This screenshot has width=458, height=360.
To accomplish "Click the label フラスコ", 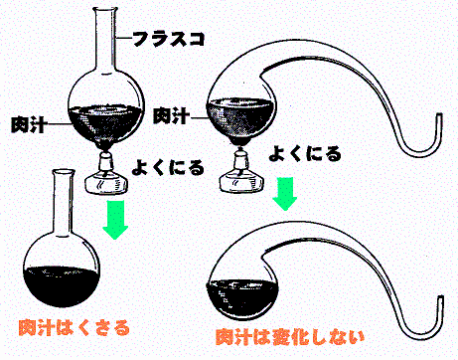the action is click(169, 39).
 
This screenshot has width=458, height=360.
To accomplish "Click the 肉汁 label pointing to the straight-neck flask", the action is click(28, 124).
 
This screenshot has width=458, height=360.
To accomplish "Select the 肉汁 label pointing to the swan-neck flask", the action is click(171, 115).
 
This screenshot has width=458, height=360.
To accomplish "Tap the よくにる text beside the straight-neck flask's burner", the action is click(168, 167).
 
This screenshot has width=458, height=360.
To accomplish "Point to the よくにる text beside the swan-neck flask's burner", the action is click(305, 153).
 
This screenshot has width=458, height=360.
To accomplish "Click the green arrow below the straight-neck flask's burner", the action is click(115, 220).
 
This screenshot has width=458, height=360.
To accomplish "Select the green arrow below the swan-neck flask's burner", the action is click(285, 194).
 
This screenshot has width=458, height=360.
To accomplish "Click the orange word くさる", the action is click(103, 327).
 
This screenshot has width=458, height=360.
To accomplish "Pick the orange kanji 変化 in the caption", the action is click(289, 337).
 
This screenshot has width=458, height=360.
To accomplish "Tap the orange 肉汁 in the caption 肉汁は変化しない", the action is click(233, 337).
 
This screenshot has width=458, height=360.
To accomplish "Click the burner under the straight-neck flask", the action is click(106, 172).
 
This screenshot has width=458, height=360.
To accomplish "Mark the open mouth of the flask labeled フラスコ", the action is click(106, 9).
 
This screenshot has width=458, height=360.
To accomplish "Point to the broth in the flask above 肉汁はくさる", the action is click(62, 285).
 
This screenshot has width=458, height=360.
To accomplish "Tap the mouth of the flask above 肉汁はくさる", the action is click(64, 172).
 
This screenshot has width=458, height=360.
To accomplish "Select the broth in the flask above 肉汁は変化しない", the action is click(241, 298).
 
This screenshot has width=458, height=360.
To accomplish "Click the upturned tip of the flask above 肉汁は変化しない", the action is click(440, 297).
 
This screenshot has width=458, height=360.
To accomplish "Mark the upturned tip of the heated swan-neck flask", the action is click(439, 115).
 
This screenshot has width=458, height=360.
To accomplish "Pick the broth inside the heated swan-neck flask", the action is click(240, 116).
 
